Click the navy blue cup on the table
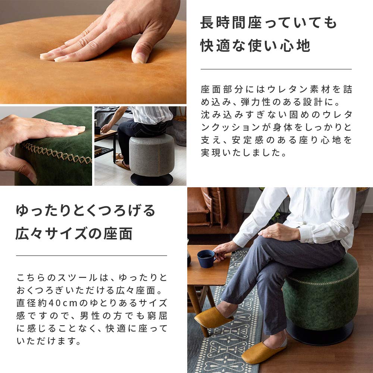[206, 258]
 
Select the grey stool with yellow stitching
[151, 155]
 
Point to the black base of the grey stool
[151, 179]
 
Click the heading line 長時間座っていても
[269, 23]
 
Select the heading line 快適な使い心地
[256, 46]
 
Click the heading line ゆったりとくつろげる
[85, 211]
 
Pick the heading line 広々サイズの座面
[74, 234]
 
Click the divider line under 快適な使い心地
[276, 69]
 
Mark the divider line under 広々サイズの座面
[91, 256]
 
